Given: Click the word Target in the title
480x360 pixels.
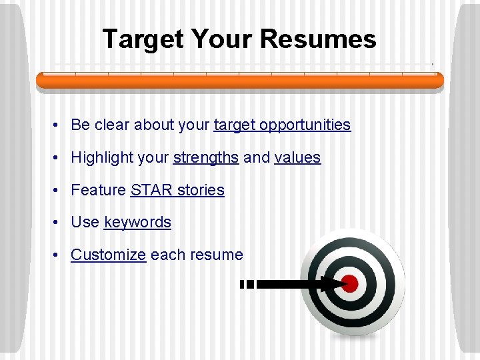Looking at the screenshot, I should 143,39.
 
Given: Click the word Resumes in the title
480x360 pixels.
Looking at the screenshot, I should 318,39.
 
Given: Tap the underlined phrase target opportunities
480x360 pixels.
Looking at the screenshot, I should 282,125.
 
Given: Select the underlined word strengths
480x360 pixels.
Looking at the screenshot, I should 205,158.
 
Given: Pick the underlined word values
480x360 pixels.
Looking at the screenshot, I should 297,158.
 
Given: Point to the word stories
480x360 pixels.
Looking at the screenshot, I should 201,190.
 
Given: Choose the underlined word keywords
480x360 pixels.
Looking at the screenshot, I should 137,222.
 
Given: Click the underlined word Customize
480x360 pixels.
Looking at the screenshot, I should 108,255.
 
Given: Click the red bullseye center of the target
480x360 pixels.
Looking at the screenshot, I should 350,284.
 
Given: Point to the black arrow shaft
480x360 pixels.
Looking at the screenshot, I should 293,284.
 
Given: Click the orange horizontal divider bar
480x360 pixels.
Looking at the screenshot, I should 240,81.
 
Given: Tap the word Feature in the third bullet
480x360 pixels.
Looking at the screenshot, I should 98,190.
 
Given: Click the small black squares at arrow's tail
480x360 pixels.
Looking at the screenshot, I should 247,284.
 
